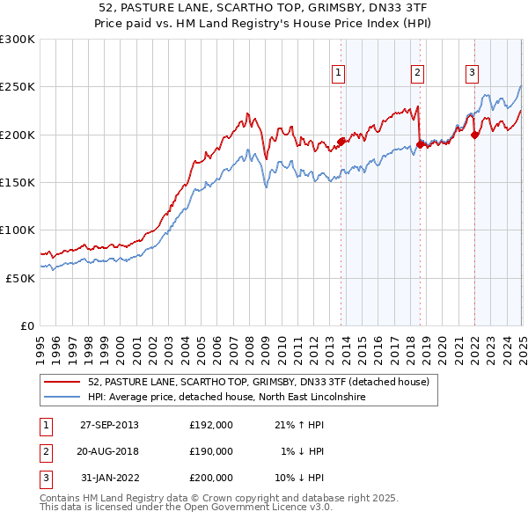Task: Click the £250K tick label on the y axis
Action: pyautogui.click(x=18, y=87)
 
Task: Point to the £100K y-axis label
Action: pyautogui.click(x=18, y=230)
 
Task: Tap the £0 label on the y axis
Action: pyautogui.click(x=27, y=325)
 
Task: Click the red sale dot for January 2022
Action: pyautogui.click(x=475, y=135)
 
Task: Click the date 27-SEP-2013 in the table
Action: pyautogui.click(x=109, y=425)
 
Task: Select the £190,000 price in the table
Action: pyautogui.click(x=211, y=451)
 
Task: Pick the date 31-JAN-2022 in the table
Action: pyautogui.click(x=109, y=478)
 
